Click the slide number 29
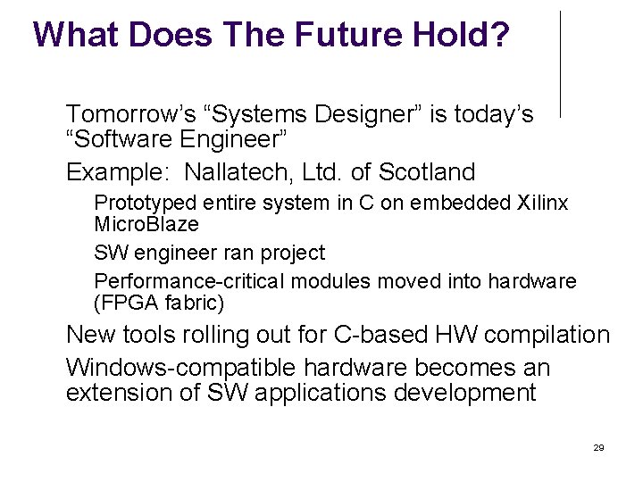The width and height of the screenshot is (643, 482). [x=598, y=447]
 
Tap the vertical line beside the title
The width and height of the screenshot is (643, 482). [x=561, y=62]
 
